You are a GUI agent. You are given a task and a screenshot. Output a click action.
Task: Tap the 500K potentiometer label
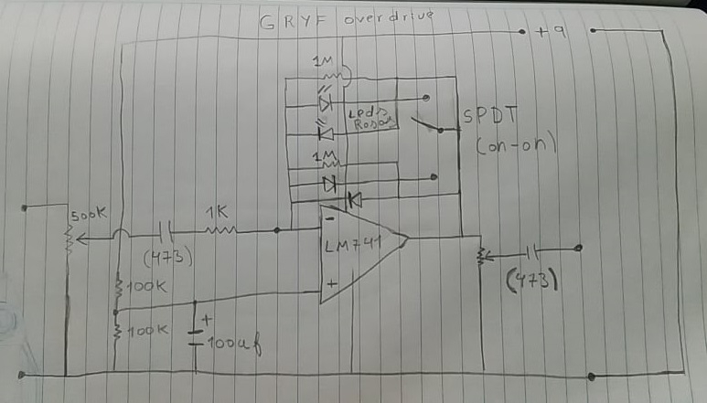pos(89,216)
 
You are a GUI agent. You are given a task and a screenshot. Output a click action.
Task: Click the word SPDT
pos(489,118)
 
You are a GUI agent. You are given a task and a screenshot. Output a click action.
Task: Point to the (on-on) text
pos(516,146)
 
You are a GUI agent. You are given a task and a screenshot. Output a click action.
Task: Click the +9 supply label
pos(553,33)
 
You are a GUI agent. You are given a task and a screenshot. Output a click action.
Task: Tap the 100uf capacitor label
pos(229,345)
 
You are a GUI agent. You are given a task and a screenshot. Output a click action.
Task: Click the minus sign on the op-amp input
pos(327,218)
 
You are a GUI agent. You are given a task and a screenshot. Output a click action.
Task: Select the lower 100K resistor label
pos(146,328)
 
